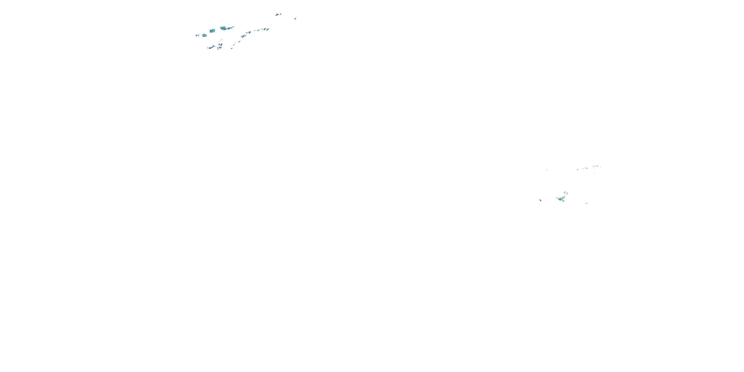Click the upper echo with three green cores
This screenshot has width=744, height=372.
point(223,28)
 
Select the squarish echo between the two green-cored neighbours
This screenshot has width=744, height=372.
point(212,31)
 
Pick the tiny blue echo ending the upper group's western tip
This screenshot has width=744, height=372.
point(197,35)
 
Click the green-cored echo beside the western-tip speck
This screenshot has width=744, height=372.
point(204,35)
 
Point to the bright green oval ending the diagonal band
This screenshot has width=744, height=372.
point(268,29)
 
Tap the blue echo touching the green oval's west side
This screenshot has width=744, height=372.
point(264,29)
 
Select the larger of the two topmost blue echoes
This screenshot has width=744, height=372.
point(277,14)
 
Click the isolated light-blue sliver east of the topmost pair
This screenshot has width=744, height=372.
point(295,19)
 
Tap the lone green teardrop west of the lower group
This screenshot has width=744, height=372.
point(540,200)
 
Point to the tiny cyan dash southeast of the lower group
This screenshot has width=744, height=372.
point(587,203)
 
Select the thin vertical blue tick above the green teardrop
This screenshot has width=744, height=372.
point(547,170)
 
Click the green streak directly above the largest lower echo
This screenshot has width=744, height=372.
point(563,197)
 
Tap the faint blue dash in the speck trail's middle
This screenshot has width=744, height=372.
point(586,168)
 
